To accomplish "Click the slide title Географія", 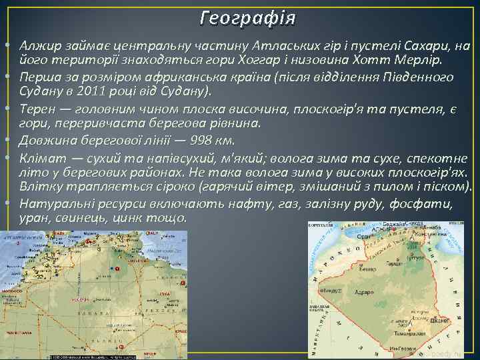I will [240, 15].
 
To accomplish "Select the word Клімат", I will [41, 156].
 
